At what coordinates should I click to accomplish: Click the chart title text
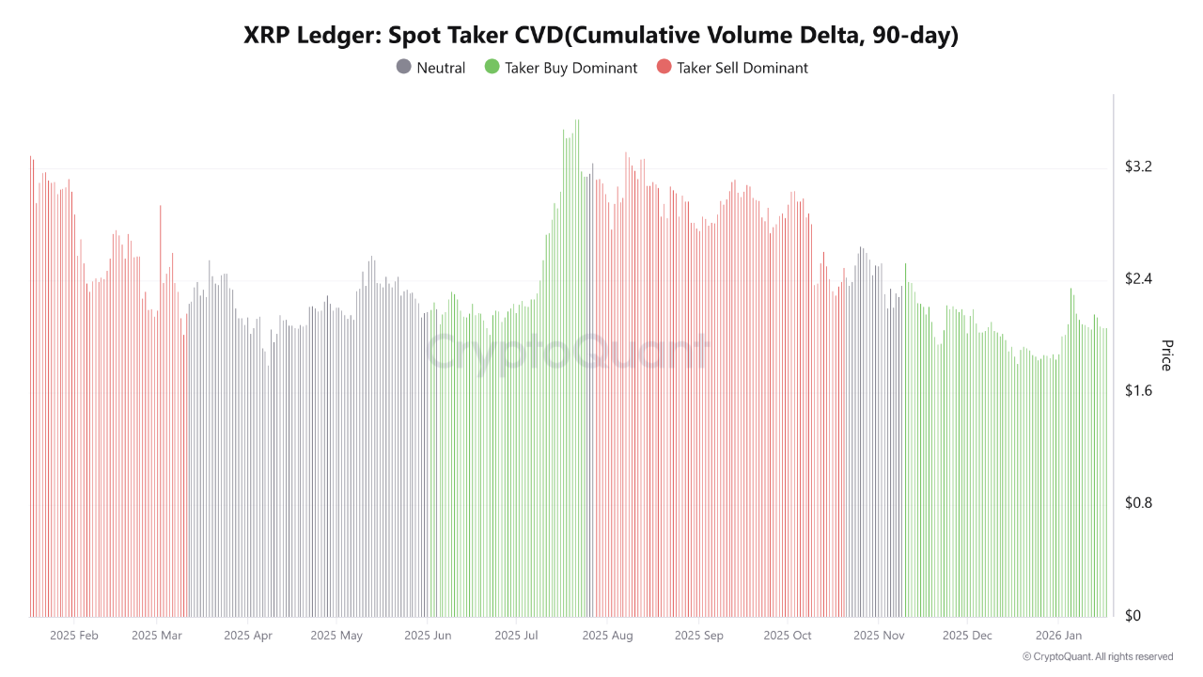[601, 36]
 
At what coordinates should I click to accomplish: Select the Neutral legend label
[441, 68]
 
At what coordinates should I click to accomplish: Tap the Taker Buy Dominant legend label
[570, 68]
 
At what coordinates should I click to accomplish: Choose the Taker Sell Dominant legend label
[742, 68]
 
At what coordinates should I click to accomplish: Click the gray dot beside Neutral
[404, 67]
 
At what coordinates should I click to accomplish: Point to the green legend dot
[492, 67]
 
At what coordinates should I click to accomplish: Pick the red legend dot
[664, 67]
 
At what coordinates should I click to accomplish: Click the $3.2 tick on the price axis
[1138, 167]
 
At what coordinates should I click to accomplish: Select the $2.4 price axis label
[1138, 279]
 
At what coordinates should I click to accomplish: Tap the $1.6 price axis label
[1138, 391]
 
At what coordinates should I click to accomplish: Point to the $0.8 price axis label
[1138, 503]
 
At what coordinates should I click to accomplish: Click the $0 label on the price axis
[1133, 616]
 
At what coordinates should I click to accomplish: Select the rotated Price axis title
[1167, 355]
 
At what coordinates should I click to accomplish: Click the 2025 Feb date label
[74, 636]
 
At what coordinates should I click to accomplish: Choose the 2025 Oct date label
[788, 636]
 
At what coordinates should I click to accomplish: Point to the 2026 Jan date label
[1058, 636]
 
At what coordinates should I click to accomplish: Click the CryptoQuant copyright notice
[1097, 656]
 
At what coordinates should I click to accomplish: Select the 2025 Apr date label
[248, 636]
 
